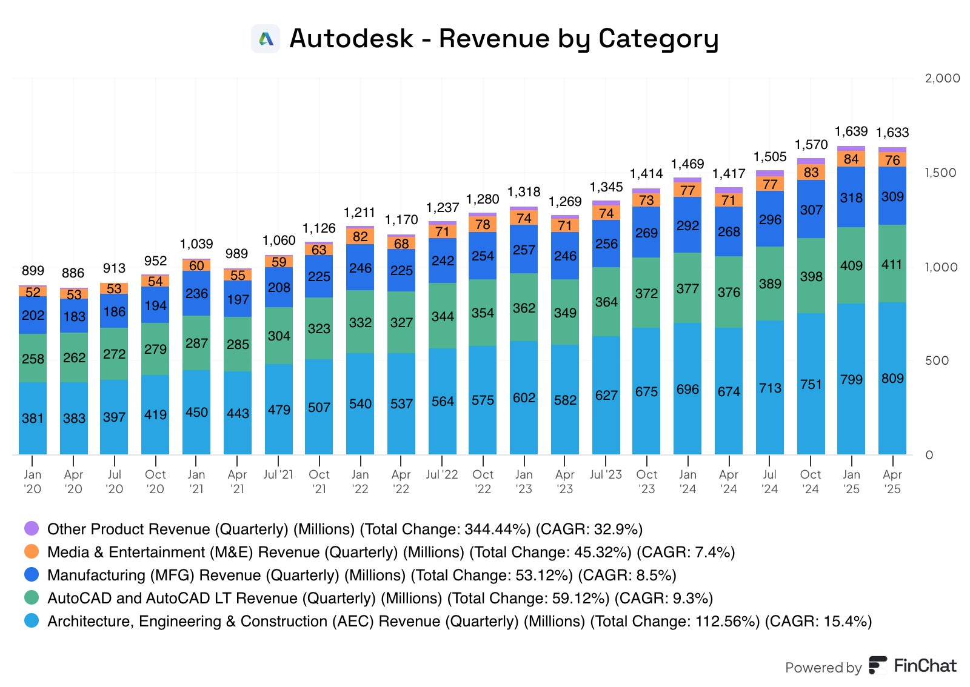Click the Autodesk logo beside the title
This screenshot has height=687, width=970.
(266, 39)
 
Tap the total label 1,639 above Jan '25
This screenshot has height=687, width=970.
(851, 131)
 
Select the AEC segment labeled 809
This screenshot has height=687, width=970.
(892, 379)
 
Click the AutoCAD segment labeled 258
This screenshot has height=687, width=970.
(33, 359)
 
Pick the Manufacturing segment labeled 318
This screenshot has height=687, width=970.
(851, 197)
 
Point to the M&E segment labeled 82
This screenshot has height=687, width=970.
(360, 236)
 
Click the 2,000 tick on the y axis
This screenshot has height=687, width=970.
(942, 78)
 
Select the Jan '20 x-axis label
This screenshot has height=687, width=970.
(33, 482)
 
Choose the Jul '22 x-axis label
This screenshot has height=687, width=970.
(442, 474)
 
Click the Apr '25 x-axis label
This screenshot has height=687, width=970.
(892, 482)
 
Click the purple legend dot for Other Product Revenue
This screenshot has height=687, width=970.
(32, 528)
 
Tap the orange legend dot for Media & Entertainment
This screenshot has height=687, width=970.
(32, 551)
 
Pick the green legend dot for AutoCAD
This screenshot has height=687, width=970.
(32, 597)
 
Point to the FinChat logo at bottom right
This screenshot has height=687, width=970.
(912, 666)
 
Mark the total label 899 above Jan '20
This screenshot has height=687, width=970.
(33, 271)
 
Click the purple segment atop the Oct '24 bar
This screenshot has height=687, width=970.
(811, 161)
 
